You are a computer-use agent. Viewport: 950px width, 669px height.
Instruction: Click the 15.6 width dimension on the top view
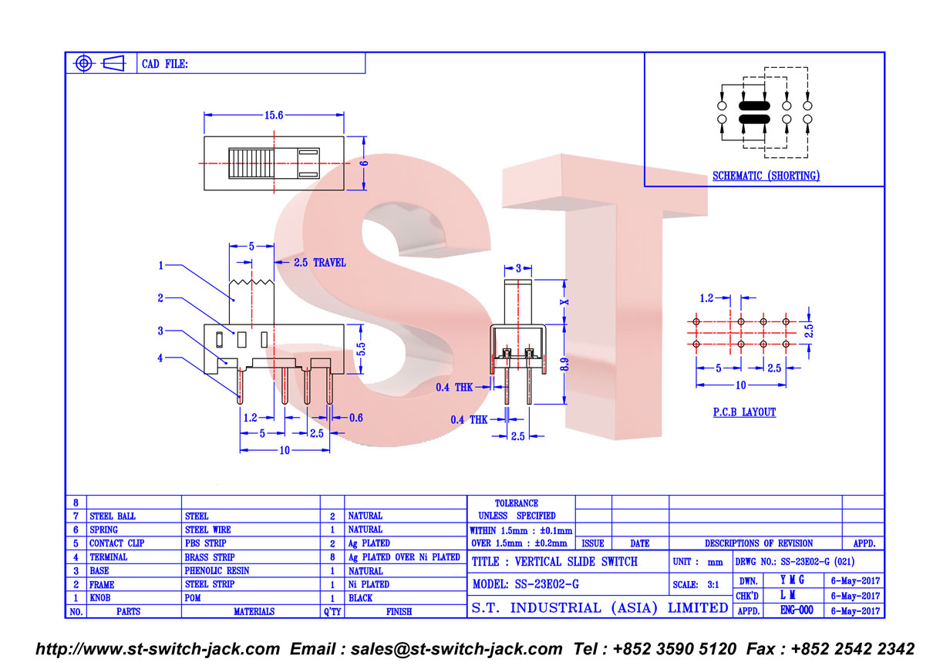(x=274, y=116)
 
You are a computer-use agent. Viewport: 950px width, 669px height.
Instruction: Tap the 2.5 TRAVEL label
(x=320, y=263)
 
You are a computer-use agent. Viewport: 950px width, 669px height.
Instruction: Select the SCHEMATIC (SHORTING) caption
(x=766, y=176)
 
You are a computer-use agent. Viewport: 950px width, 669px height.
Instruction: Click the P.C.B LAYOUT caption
(x=744, y=412)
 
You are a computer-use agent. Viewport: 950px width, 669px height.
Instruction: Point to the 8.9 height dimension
(x=564, y=364)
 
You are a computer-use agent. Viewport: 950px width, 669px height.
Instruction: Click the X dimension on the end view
(x=564, y=302)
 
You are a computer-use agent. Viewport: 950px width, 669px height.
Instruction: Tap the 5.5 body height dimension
(x=361, y=349)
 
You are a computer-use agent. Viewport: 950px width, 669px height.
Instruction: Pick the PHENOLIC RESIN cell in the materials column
(x=217, y=570)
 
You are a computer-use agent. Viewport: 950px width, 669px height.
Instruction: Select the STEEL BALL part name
(x=113, y=516)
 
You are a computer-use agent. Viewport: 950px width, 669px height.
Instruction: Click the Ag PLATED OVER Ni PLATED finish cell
(x=404, y=557)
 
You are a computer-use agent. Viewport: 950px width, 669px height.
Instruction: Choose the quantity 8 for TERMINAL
(x=332, y=557)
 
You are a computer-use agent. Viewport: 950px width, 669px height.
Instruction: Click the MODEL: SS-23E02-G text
(x=525, y=584)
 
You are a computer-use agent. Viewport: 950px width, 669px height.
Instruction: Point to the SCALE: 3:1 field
(x=696, y=585)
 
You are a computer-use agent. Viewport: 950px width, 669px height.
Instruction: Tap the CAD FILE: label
(x=164, y=64)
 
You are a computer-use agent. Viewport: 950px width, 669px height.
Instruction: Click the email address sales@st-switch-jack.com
(x=456, y=649)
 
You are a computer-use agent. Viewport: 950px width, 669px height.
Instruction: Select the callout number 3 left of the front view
(x=160, y=331)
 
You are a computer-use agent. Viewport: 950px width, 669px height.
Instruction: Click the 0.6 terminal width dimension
(x=355, y=418)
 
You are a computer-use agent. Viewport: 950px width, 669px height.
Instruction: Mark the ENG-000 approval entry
(x=797, y=610)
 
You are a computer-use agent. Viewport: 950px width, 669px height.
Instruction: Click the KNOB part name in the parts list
(x=100, y=598)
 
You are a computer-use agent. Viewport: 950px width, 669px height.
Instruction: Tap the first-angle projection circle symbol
(x=83, y=64)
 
